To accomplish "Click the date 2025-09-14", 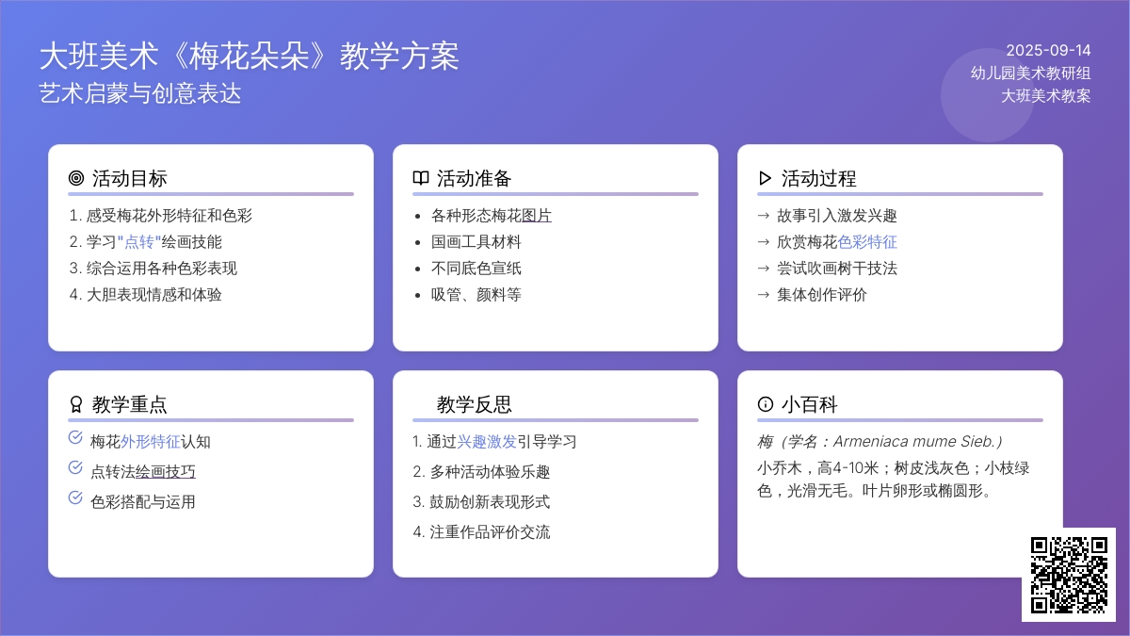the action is [x=1048, y=51].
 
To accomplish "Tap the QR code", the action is [x=1069, y=575].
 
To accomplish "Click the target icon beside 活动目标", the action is [x=76, y=178].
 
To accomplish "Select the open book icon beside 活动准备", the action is [x=421, y=178].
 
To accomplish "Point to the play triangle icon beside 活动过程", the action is [x=766, y=178].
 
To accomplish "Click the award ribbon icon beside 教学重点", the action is [x=76, y=404].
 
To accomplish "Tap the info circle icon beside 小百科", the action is [x=766, y=404].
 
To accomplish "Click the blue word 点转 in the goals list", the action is [x=139, y=242].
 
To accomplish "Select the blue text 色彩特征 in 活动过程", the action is [x=867, y=242].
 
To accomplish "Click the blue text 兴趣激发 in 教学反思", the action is [x=487, y=442].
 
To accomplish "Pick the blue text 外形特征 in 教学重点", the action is [x=151, y=442].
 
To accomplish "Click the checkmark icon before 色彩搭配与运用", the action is [x=75, y=498].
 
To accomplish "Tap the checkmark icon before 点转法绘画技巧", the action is [x=75, y=468].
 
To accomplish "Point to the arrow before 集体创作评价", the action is [x=764, y=295].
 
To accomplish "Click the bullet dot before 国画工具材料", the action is [x=417, y=243].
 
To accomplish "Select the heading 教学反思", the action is [x=475, y=405].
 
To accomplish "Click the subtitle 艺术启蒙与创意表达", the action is [x=140, y=94].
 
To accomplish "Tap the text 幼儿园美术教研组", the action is [x=1030, y=73].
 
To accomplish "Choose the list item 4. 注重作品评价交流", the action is [x=481, y=532].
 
